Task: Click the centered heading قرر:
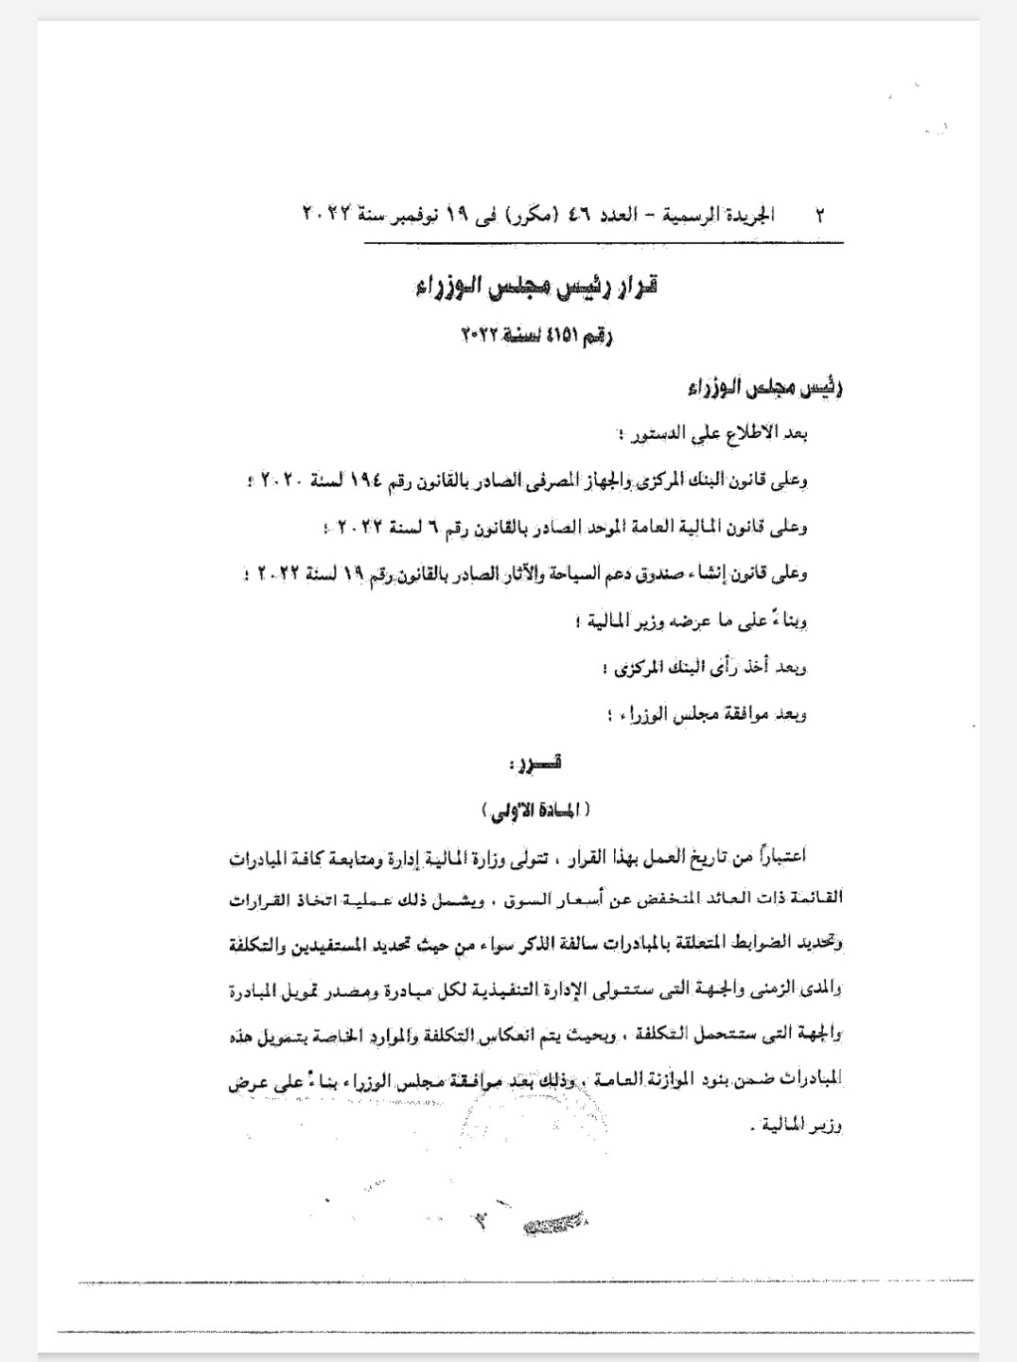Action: click(545, 761)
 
